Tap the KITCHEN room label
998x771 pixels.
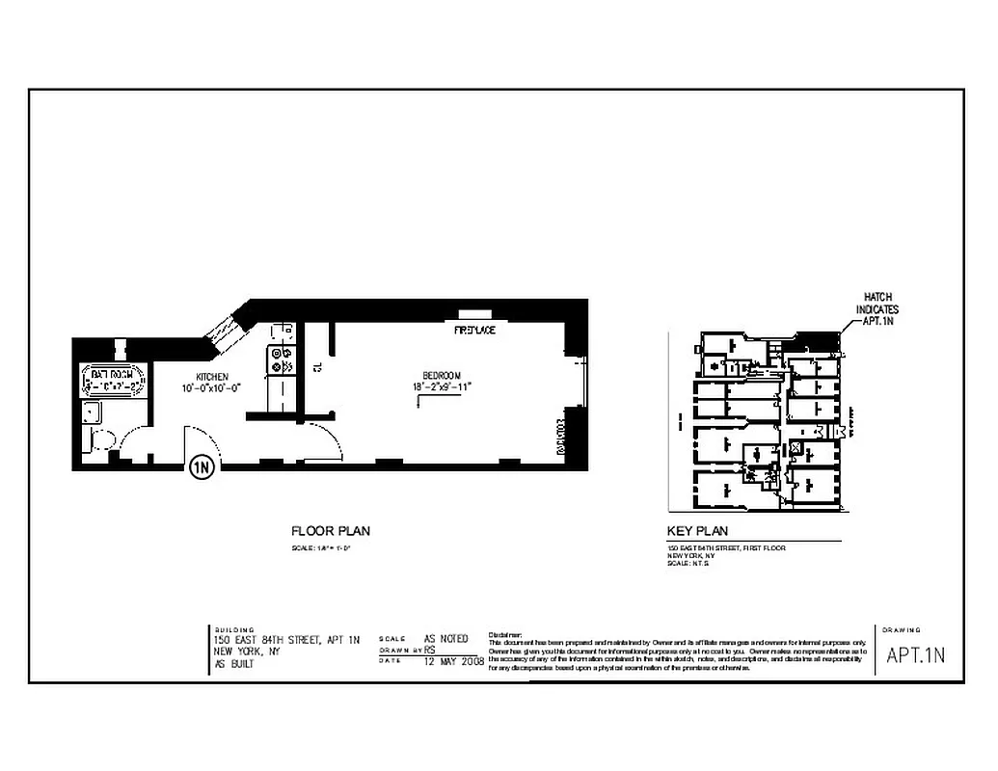212,376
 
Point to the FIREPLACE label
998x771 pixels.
474,331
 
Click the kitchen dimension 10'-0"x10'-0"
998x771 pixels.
211,387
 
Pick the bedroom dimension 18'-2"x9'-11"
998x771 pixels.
443,386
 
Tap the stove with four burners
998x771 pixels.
283,360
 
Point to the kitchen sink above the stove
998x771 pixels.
283,334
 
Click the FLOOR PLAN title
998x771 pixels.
331,531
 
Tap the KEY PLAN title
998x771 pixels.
697,531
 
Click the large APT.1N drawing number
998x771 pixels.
916,655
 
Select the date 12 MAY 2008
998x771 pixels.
453,662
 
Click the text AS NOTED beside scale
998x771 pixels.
446,639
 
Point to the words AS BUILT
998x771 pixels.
234,664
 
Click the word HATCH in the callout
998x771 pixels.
877,297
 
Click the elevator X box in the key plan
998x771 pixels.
796,447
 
